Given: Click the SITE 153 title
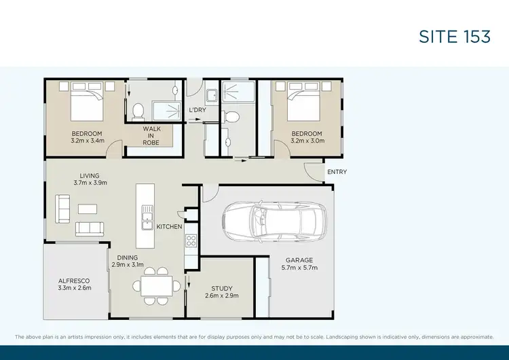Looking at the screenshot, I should tap(454, 37).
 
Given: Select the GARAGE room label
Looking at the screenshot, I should tap(299, 260).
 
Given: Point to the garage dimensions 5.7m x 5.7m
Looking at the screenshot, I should tap(299, 268).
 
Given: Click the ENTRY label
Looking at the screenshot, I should tap(337, 172).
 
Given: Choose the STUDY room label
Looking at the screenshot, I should tap(221, 288).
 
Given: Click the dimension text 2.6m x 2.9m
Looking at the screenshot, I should tap(221, 296).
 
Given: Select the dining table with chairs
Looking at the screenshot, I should tap(156, 286).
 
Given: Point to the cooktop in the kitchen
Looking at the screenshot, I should tap(191, 240).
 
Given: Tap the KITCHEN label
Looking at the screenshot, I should tap(169, 226).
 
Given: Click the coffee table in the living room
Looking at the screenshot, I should tap(87, 209).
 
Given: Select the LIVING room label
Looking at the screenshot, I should tap(90, 175).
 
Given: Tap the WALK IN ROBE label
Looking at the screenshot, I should tap(151, 135).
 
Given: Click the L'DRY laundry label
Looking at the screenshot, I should tap(197, 110).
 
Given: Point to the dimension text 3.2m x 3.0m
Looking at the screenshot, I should tap(307, 141).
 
